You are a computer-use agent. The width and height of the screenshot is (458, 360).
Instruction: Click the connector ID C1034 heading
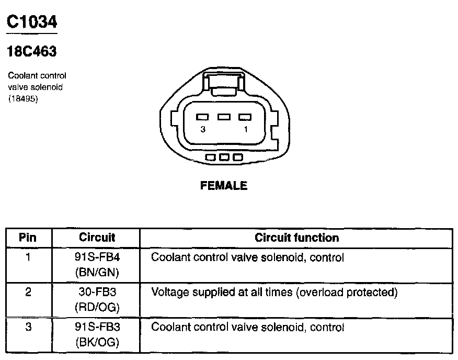31,22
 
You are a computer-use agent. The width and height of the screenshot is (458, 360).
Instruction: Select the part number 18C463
32,51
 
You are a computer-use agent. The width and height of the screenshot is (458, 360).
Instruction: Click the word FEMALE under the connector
224,186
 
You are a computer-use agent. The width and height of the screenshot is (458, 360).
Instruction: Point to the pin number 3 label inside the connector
203,129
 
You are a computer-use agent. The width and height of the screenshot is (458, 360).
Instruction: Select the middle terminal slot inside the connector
224,117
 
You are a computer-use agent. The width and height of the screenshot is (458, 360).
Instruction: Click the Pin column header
28,238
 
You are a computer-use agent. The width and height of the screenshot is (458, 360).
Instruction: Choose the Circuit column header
97,238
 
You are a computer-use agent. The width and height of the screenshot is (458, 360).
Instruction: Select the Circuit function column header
296,238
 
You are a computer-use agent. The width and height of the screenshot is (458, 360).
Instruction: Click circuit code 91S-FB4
97,257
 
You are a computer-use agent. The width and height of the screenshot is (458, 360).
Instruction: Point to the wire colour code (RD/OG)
97,307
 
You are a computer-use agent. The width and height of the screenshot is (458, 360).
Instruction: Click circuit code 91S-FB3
97,328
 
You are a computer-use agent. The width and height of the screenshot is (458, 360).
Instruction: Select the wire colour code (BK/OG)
97,342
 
